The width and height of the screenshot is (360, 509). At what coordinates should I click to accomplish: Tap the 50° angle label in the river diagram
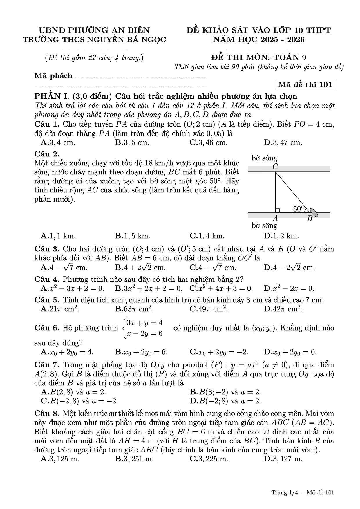299,208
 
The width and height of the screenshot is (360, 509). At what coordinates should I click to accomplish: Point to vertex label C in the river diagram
275,167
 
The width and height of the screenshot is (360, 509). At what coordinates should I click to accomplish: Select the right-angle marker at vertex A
277,210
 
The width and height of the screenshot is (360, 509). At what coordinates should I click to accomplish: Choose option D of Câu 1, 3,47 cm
283,142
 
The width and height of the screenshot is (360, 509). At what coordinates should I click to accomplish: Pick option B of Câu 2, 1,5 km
132,236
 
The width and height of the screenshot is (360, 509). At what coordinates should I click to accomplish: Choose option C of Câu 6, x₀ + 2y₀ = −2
219,352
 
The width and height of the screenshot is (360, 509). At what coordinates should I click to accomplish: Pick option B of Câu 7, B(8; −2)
225,392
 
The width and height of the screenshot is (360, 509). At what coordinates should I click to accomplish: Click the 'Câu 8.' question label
47,413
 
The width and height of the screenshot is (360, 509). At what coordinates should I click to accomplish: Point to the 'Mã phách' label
53,76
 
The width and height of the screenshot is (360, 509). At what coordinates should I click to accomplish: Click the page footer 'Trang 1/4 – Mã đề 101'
303,492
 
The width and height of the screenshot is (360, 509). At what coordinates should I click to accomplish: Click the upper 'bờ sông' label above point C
264,158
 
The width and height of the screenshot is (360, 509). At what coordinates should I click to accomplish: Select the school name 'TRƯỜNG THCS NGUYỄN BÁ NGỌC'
95,39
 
